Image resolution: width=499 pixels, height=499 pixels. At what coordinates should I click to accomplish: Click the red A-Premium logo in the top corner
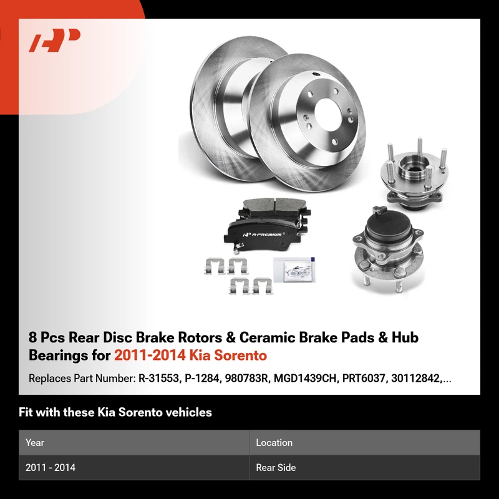[54, 40]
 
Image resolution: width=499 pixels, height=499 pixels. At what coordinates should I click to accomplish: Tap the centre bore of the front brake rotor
[328, 115]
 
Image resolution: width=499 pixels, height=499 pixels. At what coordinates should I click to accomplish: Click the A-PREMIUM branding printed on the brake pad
[263, 235]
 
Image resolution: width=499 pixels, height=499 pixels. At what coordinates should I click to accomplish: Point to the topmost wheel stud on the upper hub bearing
[420, 146]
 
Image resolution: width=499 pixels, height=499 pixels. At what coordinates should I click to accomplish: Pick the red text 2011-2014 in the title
[150, 355]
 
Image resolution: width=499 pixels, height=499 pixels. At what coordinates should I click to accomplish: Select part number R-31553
[158, 378]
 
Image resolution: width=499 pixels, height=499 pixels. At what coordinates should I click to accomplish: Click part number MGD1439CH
[305, 378]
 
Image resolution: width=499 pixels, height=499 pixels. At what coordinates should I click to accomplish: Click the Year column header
[35, 442]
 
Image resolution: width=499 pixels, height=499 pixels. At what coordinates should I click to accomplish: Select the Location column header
[274, 442]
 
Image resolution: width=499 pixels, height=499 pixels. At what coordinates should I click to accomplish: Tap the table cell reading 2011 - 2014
[51, 467]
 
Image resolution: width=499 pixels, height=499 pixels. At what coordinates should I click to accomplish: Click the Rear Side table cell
[276, 467]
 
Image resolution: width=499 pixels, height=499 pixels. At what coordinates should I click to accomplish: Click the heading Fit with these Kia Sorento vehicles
[115, 412]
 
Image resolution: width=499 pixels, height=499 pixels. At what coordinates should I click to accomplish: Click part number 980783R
[246, 378]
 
